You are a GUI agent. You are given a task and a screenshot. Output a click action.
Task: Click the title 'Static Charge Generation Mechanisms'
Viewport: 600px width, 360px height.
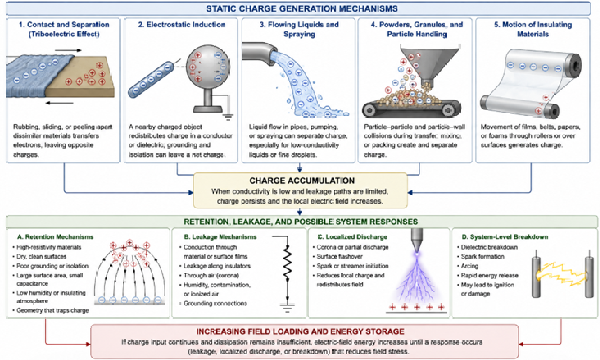tap(302, 9)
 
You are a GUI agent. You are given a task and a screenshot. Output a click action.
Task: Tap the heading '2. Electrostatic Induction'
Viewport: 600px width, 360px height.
tap(182, 25)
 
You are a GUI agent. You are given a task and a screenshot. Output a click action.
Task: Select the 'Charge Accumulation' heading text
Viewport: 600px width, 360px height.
tap(302, 181)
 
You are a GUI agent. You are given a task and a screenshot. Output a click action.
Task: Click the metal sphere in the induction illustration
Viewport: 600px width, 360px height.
tap(208, 67)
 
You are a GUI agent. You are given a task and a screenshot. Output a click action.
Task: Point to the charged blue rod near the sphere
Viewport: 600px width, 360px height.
tap(151, 79)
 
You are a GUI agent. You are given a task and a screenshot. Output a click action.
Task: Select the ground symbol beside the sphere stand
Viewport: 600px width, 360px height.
tap(228, 117)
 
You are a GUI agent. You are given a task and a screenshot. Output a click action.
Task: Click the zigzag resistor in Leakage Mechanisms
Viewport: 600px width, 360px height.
tap(287, 263)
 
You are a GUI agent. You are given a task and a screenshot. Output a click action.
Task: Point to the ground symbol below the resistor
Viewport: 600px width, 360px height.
tap(287, 308)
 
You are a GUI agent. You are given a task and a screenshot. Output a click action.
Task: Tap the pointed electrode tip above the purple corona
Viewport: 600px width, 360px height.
tap(417, 241)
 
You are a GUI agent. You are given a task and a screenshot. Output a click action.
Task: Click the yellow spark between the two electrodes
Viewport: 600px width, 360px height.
tap(562, 274)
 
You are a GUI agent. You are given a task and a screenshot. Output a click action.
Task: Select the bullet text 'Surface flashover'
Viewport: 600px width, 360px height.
tap(340, 257)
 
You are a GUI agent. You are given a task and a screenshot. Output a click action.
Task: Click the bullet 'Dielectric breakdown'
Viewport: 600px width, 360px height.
tap(489, 247)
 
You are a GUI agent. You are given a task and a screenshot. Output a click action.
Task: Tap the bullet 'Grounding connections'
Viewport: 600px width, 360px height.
tap(215, 303)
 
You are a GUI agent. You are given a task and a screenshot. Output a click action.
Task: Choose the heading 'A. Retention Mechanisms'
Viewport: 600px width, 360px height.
tap(55, 237)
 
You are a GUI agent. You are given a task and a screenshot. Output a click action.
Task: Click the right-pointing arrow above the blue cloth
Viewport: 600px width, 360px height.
tap(68, 50)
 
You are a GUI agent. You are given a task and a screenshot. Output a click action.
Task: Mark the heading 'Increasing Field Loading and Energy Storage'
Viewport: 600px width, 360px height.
tap(300, 332)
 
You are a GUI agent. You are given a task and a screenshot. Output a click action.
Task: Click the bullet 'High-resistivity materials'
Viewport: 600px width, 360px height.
tap(49, 247)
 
